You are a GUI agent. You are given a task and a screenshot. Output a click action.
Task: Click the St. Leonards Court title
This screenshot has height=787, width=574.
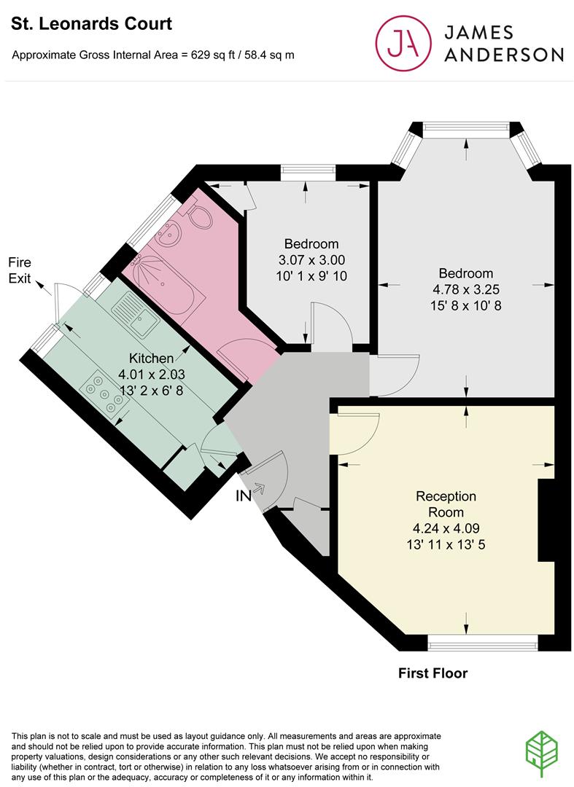[x=91, y=23]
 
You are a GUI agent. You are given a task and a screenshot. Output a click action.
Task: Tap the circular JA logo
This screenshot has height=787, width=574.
[x=404, y=43]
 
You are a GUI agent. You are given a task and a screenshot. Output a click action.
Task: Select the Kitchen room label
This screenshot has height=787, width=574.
[x=151, y=359]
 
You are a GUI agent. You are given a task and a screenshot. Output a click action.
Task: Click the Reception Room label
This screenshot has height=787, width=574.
[x=446, y=504]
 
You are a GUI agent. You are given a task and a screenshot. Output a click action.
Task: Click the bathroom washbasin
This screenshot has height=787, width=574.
[x=170, y=233]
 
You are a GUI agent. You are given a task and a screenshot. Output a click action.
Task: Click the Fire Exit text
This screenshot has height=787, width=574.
[x=20, y=270]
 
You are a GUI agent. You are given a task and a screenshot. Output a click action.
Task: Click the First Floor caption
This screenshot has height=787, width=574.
[x=433, y=673]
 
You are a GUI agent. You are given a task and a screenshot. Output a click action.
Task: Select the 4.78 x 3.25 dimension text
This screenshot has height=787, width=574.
[x=466, y=289]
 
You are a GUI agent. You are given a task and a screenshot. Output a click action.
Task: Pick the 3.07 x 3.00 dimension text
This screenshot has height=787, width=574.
[x=311, y=260]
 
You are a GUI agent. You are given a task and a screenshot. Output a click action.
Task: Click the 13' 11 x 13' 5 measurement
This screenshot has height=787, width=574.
[x=446, y=544]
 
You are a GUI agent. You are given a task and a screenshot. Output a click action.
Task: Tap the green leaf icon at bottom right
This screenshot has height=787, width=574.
[x=542, y=754]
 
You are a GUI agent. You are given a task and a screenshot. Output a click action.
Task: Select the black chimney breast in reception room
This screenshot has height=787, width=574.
[x=546, y=520]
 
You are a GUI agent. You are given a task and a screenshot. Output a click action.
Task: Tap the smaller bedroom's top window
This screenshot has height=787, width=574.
[x=308, y=173]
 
